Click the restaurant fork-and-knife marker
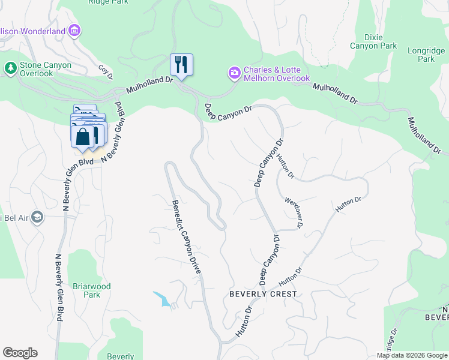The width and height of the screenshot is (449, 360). (x=181, y=64)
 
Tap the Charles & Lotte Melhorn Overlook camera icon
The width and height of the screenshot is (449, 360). (x=234, y=73)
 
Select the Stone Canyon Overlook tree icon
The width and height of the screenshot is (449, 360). (x=10, y=68)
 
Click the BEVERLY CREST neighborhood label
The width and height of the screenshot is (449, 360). (x=263, y=294)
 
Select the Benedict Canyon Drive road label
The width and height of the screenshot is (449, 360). (x=187, y=237)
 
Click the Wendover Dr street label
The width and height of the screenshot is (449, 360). (x=292, y=213)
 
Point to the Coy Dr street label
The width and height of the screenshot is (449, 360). (x=106, y=73)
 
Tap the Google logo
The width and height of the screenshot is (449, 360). (x=20, y=353)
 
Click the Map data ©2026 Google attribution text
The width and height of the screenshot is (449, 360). (x=412, y=355)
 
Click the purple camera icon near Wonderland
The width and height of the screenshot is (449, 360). (x=74, y=30)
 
